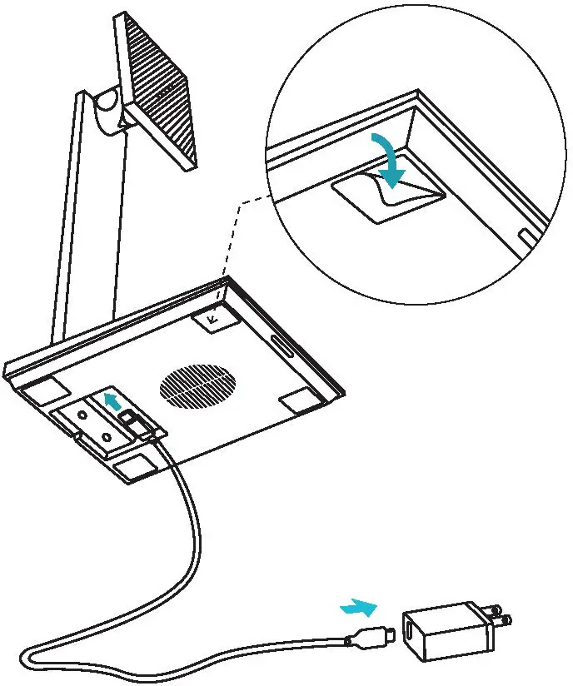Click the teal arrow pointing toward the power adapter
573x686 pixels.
[x=358, y=607]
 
